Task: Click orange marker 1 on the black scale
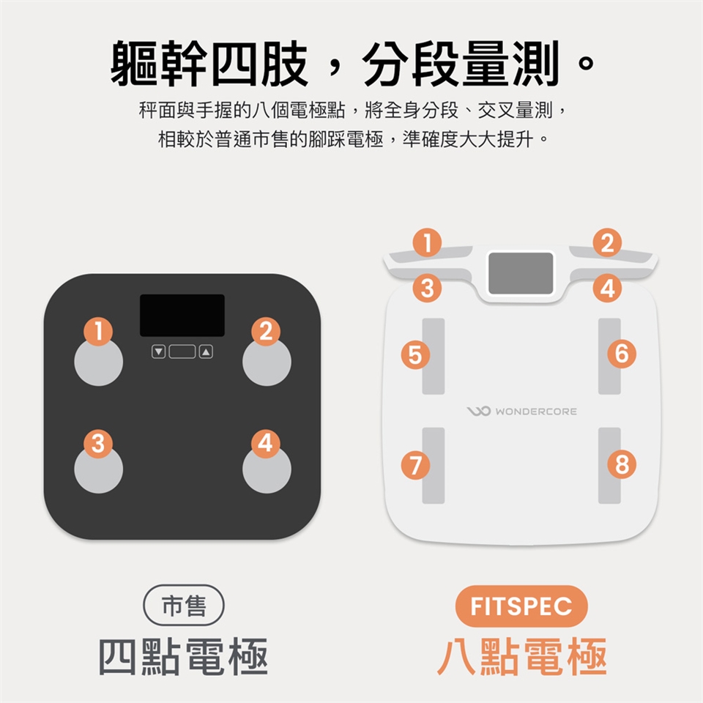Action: coord(98,331)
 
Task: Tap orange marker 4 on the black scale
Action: coord(265,444)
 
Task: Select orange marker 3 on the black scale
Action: coord(98,444)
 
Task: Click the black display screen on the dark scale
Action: coord(182,315)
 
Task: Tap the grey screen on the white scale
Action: coord(521,273)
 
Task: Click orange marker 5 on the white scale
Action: coord(415,354)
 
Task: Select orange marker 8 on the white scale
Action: coord(622,464)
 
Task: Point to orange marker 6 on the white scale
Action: coord(622,353)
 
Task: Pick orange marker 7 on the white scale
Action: coord(415,465)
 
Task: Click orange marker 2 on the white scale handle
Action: coord(607,242)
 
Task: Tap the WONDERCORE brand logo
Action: coord(522,411)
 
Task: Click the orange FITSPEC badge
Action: coord(521,606)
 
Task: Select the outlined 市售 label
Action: coord(184,606)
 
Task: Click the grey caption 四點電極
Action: coord(183,656)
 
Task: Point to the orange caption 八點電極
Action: coord(522,656)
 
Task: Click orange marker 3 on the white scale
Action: coord(427,288)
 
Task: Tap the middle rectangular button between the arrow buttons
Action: coord(182,351)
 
